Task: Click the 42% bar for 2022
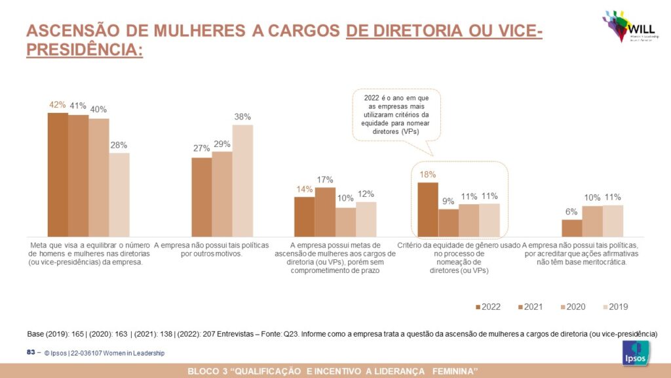58,175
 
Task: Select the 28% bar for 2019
119,195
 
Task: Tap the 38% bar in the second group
242,180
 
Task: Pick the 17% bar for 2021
325,211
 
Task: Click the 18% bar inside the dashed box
428,209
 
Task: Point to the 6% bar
572,228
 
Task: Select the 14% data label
305,190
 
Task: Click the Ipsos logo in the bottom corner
636,352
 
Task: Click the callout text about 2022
395,114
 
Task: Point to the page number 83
30,352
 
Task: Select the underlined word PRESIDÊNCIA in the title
84,50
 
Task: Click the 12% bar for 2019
366,219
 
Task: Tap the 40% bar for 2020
99,177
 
